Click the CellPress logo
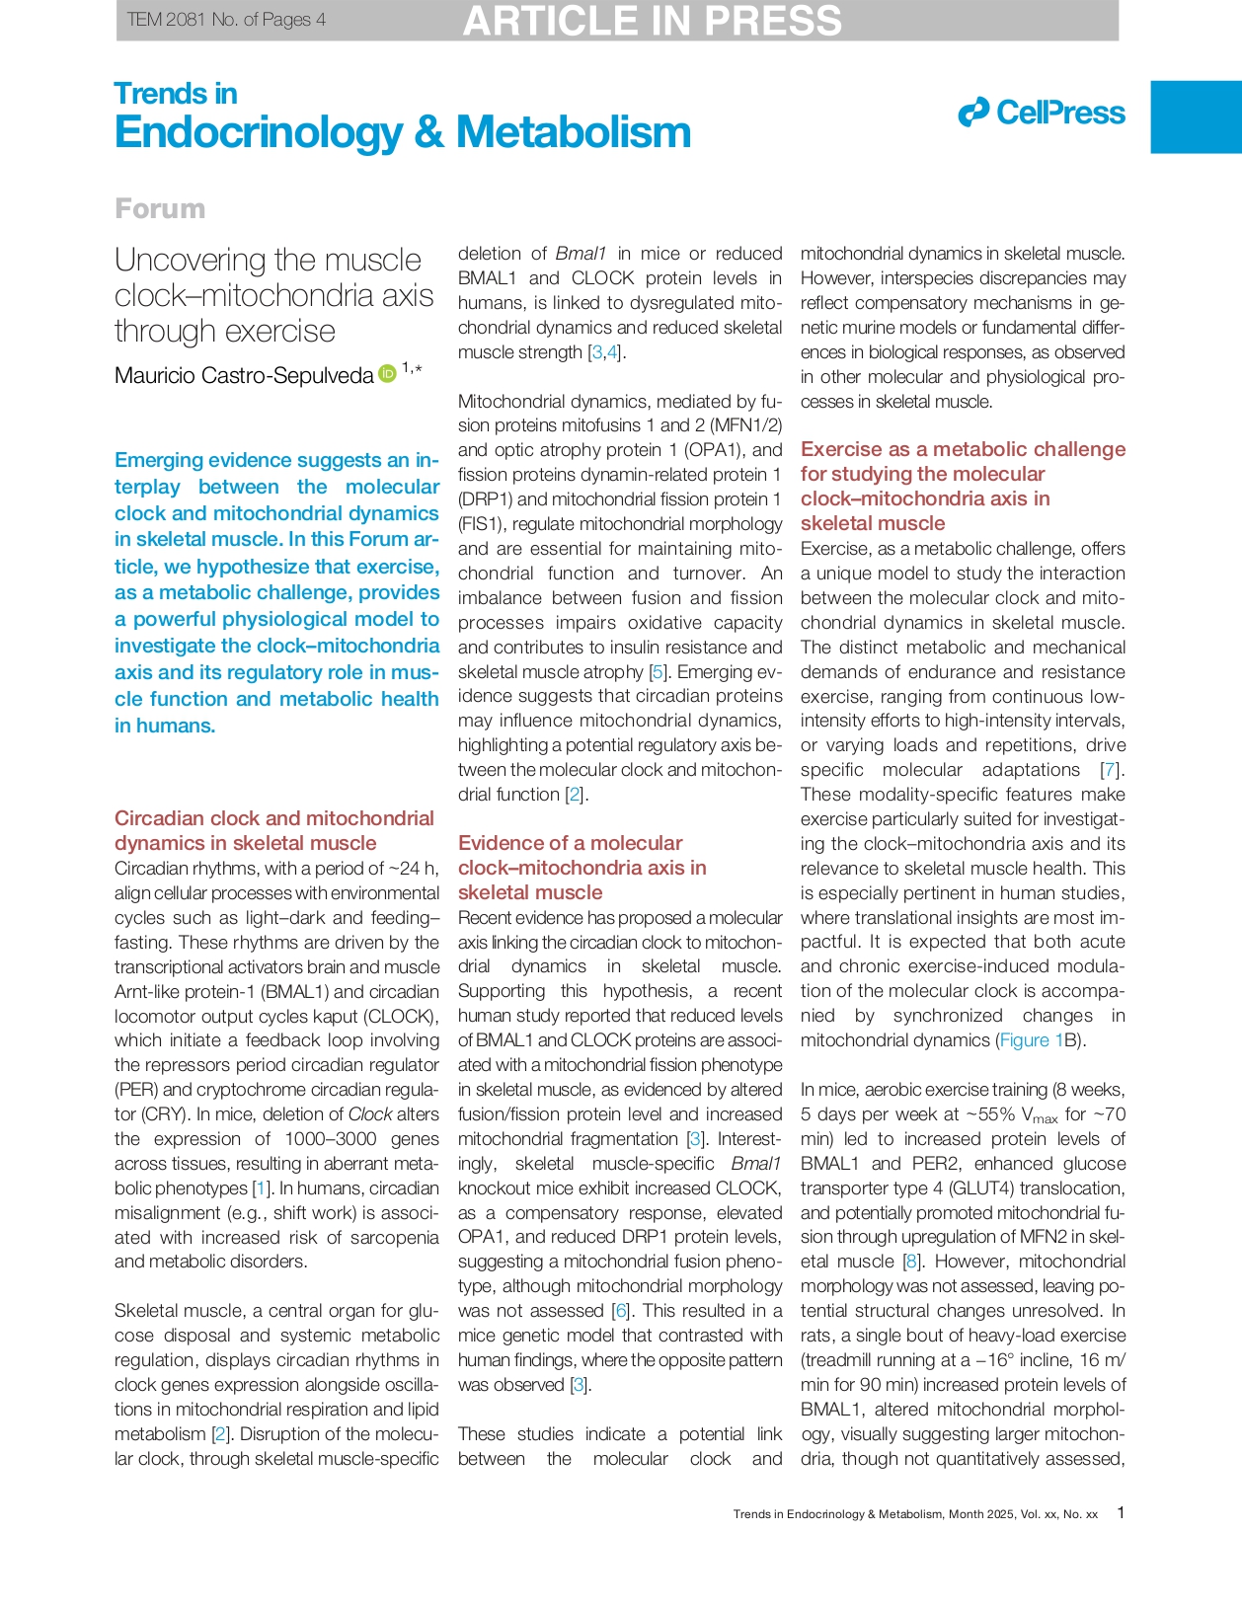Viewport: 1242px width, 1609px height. [1042, 113]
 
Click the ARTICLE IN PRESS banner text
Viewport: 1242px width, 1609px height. [652, 21]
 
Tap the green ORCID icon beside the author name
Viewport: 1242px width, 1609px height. [387, 372]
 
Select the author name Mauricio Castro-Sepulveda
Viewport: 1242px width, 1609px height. [244, 375]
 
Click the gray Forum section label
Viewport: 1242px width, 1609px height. [160, 208]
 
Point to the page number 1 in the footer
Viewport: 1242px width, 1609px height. [1120, 1512]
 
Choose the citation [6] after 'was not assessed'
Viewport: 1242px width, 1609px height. [620, 1311]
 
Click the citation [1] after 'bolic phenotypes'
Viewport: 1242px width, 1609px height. [261, 1188]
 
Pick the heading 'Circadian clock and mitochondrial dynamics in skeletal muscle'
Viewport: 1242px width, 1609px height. [273, 830]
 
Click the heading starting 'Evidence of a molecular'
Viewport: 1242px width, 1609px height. [582, 867]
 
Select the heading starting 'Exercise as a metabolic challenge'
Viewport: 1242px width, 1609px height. [962, 486]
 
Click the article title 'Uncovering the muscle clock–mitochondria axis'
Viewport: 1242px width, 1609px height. [273, 294]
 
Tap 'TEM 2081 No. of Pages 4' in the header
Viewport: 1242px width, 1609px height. [226, 20]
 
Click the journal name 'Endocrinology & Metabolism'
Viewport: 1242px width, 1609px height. [403, 132]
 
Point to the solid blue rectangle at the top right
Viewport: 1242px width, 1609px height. [1196, 116]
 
